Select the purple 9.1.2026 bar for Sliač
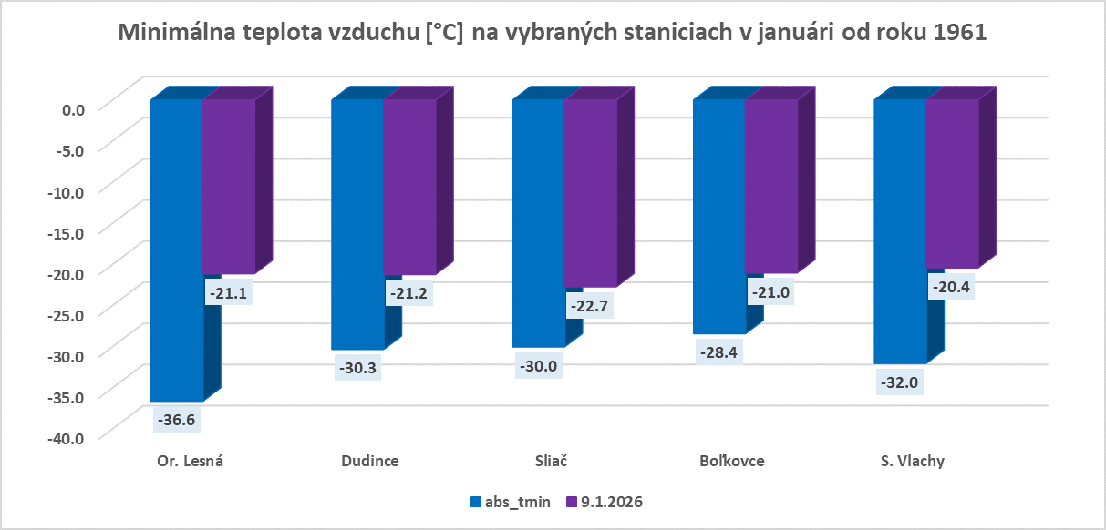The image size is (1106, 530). (590, 191)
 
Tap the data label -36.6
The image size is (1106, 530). (177, 421)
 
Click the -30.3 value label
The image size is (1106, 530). (357, 369)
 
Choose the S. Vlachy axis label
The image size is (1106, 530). (912, 461)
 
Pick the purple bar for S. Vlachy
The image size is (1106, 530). (952, 182)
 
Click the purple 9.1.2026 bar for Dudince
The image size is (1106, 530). (409, 186)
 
